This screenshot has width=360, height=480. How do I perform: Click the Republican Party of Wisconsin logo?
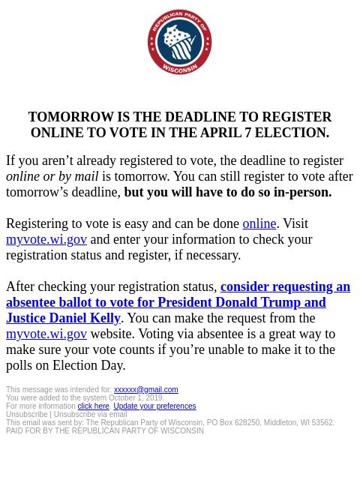click(x=179, y=42)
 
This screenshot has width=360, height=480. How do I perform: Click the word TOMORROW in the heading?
click(x=70, y=117)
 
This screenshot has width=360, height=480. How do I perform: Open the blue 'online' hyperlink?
click(x=259, y=223)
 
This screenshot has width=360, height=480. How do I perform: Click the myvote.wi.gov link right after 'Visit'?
click(x=46, y=239)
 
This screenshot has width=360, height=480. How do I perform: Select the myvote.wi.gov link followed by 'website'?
click(x=46, y=334)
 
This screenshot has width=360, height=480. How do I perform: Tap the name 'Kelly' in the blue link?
click(x=105, y=318)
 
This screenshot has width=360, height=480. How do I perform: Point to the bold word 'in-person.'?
click(x=302, y=192)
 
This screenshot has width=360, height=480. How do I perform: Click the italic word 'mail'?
click(x=86, y=176)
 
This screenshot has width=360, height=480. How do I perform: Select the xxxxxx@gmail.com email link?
click(x=145, y=390)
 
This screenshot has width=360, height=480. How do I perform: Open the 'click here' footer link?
click(x=93, y=406)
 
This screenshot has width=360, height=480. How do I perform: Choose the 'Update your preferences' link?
click(x=154, y=406)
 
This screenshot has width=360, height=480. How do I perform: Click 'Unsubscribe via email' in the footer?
click(x=90, y=415)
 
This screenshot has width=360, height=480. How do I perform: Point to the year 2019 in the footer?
click(x=154, y=398)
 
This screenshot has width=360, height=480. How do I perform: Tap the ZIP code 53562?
click(x=322, y=423)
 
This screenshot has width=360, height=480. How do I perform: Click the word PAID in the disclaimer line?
click(x=15, y=431)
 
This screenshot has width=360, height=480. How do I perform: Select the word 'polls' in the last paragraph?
click(x=21, y=365)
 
